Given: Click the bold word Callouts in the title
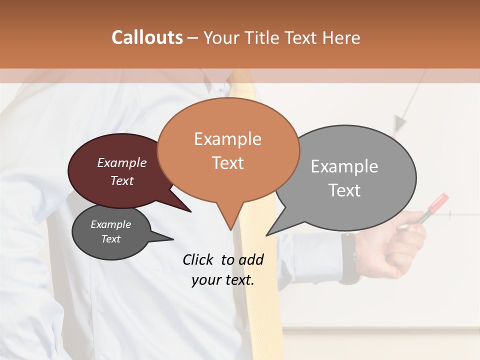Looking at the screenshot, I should (x=147, y=37).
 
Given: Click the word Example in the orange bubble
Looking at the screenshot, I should (x=227, y=139).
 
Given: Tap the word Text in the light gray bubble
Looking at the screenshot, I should (x=344, y=190).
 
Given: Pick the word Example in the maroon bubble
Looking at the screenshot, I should (x=122, y=163).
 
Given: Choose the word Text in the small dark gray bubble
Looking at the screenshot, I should (x=111, y=239).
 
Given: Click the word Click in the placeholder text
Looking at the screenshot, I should (x=199, y=259).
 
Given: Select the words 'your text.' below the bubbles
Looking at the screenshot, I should (x=223, y=280).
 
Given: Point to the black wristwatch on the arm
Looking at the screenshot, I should (x=349, y=257).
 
